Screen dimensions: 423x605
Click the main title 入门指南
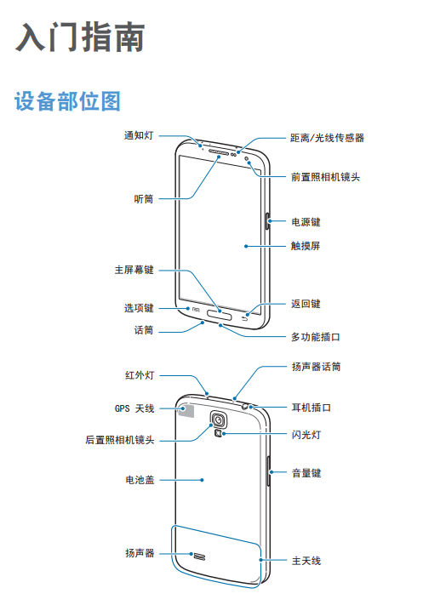80,37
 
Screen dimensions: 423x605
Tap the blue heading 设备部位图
67,101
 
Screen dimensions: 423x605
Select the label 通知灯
139,135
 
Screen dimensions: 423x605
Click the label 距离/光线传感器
327,138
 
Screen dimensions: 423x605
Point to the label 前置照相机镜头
325,177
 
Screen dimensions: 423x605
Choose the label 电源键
306,222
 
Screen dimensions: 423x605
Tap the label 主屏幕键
134,270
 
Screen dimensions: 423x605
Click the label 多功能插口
315,337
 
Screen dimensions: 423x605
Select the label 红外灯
140,375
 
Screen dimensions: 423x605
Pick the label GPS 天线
134,408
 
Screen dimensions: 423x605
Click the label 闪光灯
306,435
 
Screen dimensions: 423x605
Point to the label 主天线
306,561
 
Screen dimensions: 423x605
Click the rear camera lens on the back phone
219,419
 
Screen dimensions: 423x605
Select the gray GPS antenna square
186,411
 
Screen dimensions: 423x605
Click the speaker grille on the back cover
199,556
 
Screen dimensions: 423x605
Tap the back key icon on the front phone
244,319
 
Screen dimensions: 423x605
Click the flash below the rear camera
219,434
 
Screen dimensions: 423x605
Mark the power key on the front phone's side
267,220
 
